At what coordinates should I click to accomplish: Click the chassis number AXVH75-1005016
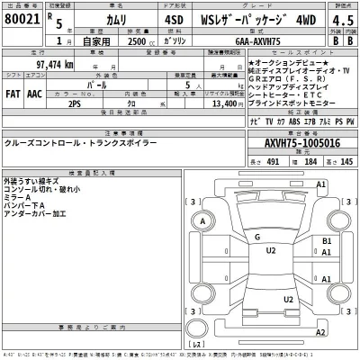coord(301,142)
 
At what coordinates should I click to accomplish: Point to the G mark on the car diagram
coord(256,237)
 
